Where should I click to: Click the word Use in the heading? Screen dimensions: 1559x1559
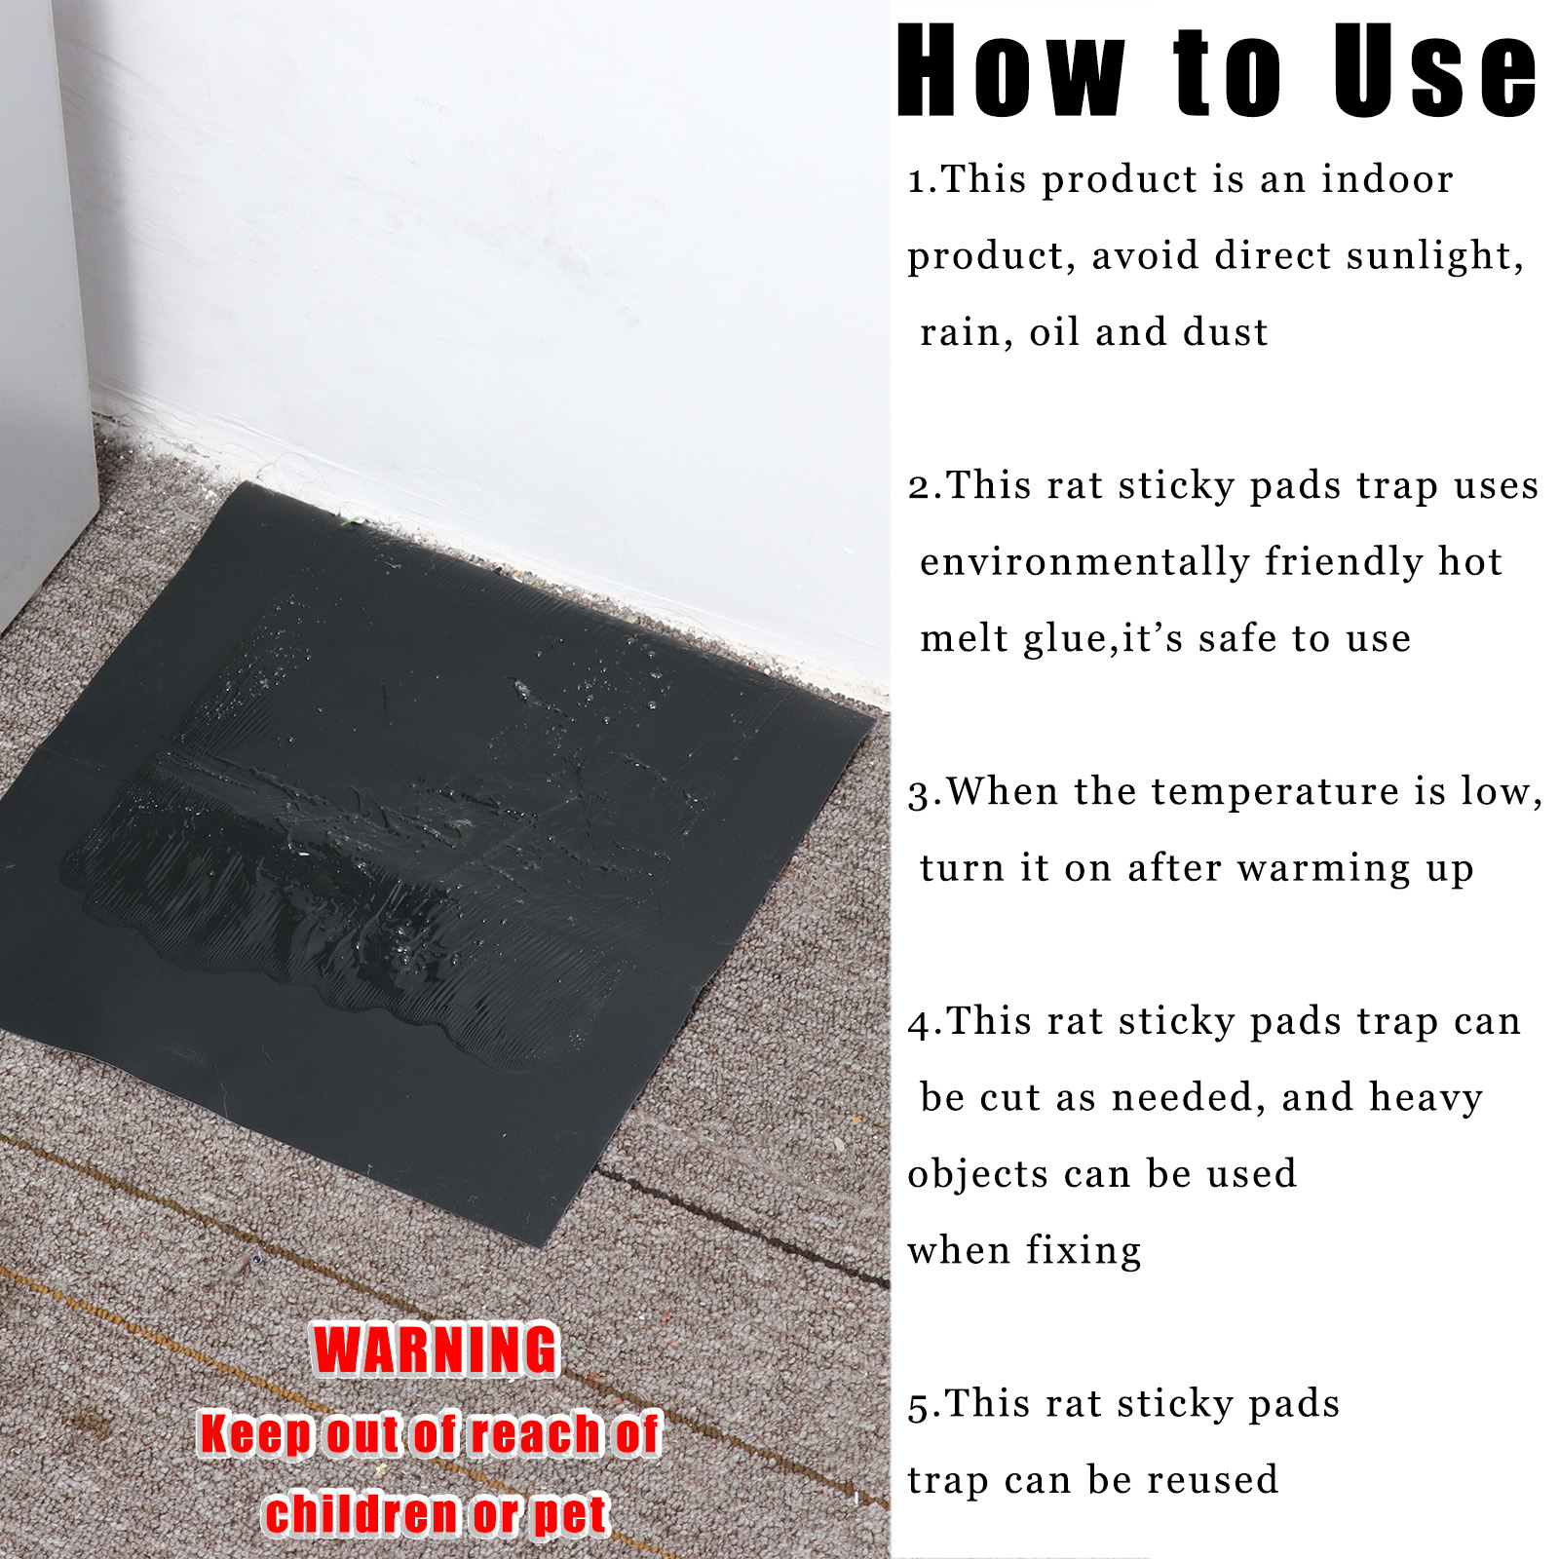click(1434, 70)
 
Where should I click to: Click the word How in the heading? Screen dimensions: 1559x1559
click(1011, 70)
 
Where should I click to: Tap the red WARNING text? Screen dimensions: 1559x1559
click(436, 1350)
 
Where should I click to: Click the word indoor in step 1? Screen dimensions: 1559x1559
click(1388, 179)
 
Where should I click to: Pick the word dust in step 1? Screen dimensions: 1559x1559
click(1226, 332)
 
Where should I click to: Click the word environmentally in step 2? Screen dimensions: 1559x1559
click(1084, 563)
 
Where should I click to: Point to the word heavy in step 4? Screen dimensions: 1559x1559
click(1426, 1098)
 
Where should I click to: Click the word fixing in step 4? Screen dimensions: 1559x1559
click(1084, 1251)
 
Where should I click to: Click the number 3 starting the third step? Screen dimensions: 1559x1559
click(918, 794)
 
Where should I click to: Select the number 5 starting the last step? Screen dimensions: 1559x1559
click(918, 1407)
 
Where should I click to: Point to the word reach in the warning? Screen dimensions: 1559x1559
click(535, 1434)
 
